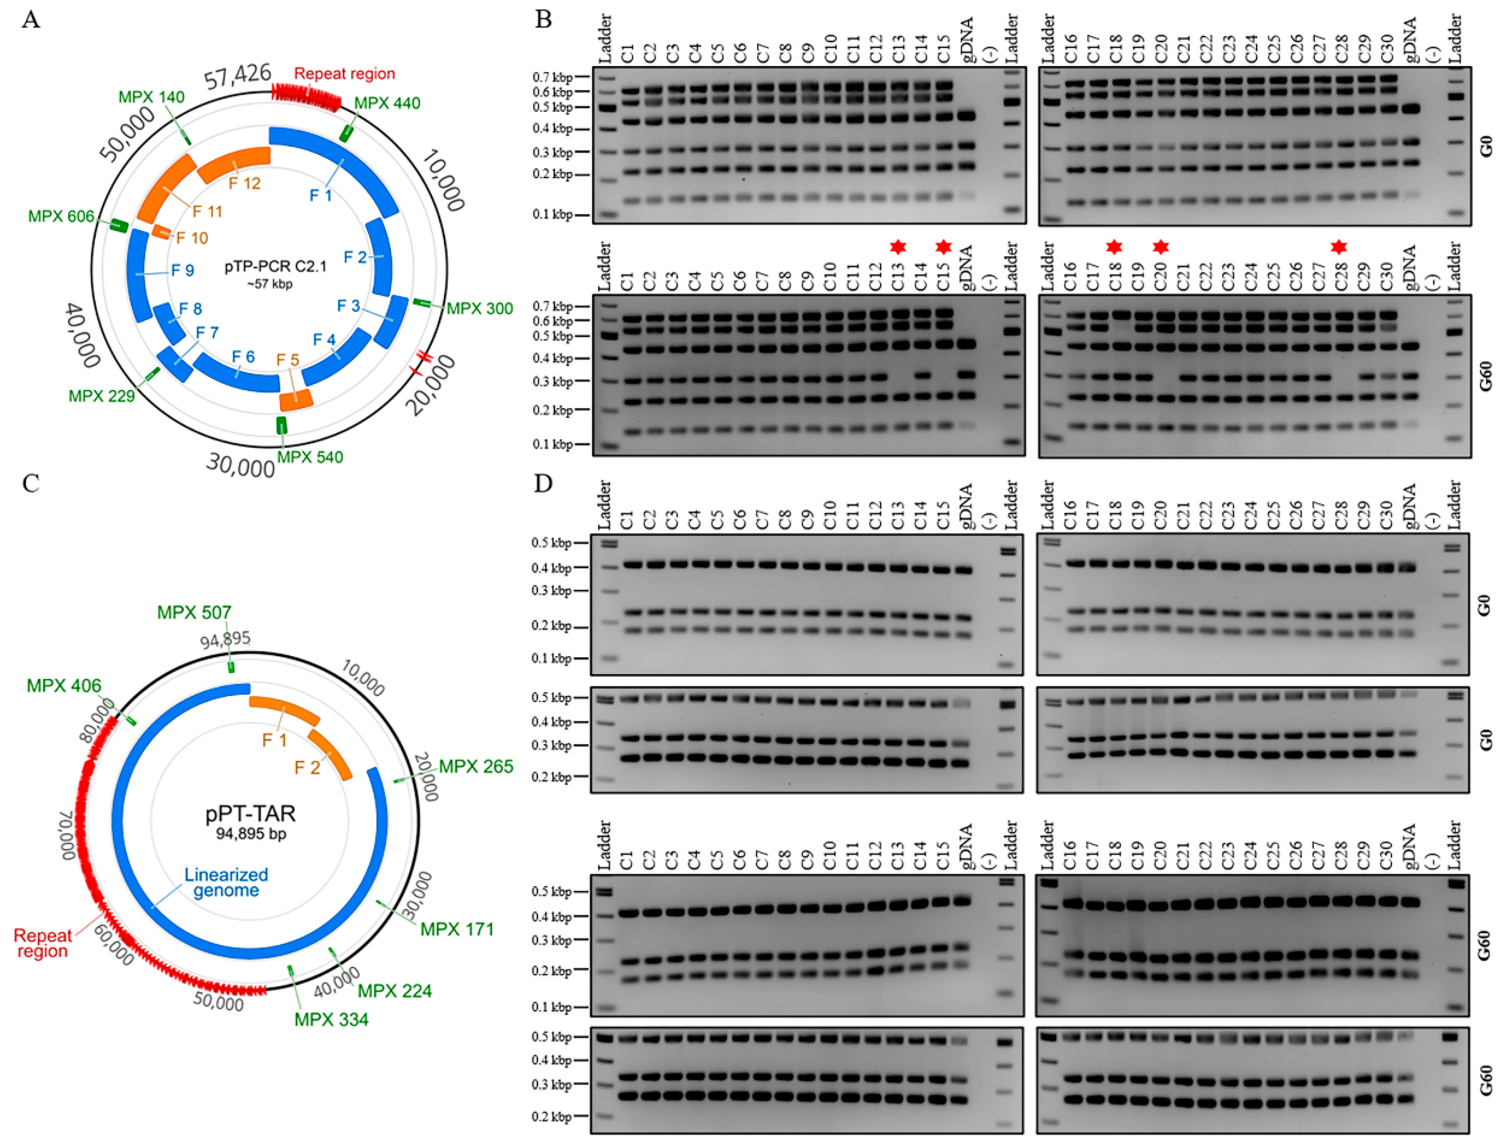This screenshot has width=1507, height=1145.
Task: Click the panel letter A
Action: pyautogui.click(x=31, y=19)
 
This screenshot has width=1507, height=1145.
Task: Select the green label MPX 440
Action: pyautogui.click(x=387, y=103)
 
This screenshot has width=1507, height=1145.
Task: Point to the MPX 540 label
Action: pyautogui.click(x=310, y=457)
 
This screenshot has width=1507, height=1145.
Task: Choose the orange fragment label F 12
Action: pyautogui.click(x=244, y=183)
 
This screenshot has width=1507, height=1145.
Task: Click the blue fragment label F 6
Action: pyautogui.click(x=243, y=356)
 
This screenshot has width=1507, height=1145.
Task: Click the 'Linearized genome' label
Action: pyautogui.click(x=226, y=882)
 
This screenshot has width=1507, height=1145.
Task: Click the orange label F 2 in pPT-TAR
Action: pyautogui.click(x=307, y=768)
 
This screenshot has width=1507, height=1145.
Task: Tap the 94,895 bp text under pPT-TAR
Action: pyautogui.click(x=251, y=833)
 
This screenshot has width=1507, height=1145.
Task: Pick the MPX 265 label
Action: pyautogui.click(x=476, y=767)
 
